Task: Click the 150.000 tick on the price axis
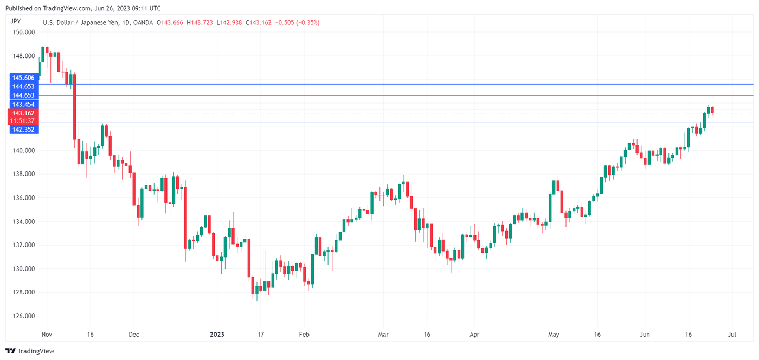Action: pos(23,32)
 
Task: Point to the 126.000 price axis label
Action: pos(23,316)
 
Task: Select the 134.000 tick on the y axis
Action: pos(23,221)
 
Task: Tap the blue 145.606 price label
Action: pos(23,78)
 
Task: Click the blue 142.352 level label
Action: pos(23,130)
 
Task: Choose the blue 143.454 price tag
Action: pos(23,104)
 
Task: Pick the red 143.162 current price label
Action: pos(23,113)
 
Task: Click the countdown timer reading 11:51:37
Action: pos(23,120)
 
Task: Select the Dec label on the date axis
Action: pos(134,335)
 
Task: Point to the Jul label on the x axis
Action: pos(732,335)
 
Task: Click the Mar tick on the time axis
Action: pos(384,335)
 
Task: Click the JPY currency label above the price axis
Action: pos(16,22)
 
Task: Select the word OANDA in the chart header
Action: pos(142,22)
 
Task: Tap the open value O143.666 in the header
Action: pos(170,22)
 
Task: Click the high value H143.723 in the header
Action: pos(200,22)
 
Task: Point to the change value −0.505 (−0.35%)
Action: pos(298,22)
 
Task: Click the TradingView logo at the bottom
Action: pos(30,351)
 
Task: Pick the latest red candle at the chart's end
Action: pos(712,110)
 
